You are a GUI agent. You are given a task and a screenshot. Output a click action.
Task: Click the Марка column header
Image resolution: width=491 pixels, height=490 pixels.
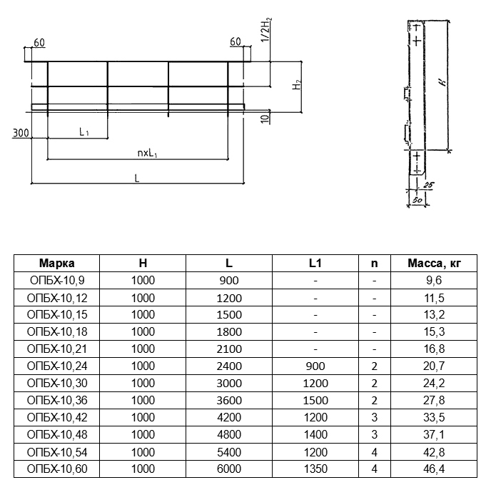click(56, 263)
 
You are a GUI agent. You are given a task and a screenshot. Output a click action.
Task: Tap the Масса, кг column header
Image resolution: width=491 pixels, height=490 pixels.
click(434, 263)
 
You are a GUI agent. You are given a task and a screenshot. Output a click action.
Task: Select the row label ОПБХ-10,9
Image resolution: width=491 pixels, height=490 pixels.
click(57, 280)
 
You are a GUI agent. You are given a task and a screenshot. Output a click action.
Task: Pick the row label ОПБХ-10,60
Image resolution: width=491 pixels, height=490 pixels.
click(57, 469)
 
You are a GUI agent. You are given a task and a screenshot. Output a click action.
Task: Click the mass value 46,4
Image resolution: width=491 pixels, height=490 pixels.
click(434, 469)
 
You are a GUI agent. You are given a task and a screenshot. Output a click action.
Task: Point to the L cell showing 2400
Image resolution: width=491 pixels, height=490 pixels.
click(229, 366)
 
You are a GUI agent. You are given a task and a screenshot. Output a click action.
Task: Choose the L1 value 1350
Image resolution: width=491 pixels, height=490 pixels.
click(315, 469)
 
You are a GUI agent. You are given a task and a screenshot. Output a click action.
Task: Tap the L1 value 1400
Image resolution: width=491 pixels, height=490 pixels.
click(315, 434)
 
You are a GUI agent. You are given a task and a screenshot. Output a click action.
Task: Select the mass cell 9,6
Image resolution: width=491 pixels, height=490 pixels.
click(434, 280)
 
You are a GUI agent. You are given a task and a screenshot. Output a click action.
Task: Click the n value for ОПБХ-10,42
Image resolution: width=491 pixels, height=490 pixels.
click(375, 417)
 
